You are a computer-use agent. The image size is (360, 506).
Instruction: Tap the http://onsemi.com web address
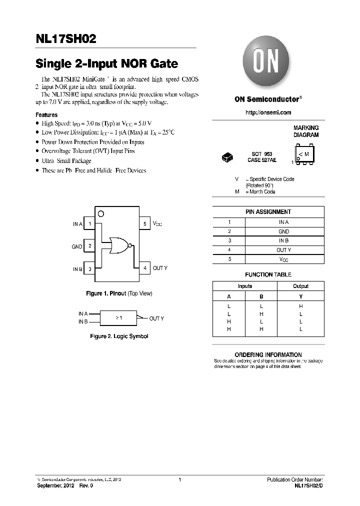(268, 112)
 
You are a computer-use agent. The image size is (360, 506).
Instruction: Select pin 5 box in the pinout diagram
(144, 224)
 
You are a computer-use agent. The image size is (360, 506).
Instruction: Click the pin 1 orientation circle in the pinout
(100, 214)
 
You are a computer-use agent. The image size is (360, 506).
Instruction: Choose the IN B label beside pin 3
(77, 269)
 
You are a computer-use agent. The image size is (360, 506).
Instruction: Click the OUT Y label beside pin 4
(160, 268)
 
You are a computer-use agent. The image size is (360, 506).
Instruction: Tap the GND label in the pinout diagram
(77, 246)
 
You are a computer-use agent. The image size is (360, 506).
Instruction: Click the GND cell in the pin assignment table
(283, 231)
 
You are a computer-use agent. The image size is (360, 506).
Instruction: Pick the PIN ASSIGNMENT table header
(268, 212)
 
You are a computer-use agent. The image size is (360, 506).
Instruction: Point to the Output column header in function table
(300, 286)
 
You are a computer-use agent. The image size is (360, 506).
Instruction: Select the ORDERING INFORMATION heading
(268, 354)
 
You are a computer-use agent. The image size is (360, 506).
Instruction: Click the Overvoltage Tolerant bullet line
(88, 151)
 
